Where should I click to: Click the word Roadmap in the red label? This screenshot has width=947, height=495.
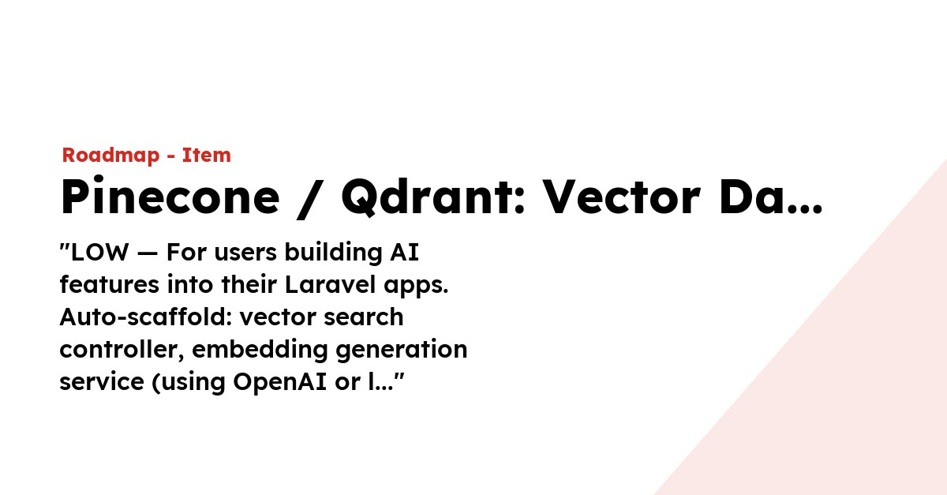coord(110,156)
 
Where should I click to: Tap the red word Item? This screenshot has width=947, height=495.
coord(206,155)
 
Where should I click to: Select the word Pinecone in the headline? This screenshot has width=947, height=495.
coord(170,196)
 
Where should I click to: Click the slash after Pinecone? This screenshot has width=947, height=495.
coord(310,199)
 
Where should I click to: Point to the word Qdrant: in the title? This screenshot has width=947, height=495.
coord(433,197)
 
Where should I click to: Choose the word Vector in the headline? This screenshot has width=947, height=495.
coord(621,197)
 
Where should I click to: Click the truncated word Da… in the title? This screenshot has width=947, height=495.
coord(771,197)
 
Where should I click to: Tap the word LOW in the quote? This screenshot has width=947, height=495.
coord(99,253)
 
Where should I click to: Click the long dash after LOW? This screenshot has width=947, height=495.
coord(147,254)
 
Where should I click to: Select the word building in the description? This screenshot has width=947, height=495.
coord(333,253)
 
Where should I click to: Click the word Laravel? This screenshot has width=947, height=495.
coord(330,284)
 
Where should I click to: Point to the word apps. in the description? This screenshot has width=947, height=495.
coord(416,286)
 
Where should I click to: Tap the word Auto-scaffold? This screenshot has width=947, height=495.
coord(146,317)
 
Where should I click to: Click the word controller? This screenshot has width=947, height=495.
coord(122,350)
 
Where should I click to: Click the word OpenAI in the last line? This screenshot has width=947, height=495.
coord(279,383)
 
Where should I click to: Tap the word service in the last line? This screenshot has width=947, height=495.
coord(102,382)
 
